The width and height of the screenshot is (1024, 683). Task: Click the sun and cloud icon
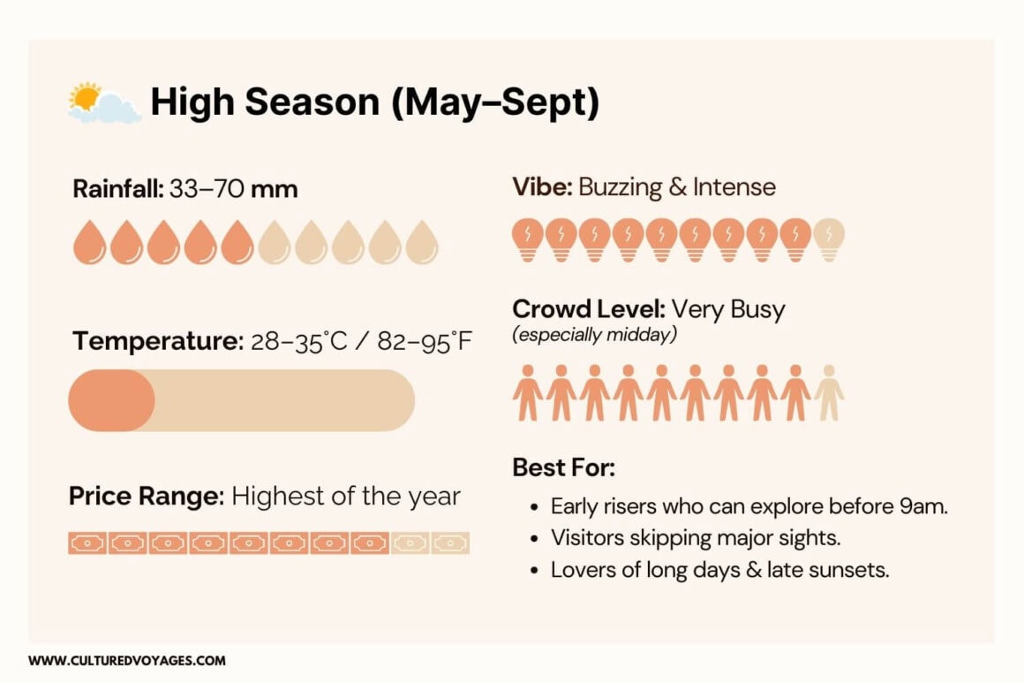(104, 103)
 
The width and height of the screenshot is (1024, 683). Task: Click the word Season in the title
(312, 102)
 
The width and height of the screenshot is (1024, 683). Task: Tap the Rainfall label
(118, 189)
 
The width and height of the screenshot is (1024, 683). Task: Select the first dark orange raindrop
(89, 242)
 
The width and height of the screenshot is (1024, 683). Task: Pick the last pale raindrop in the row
(422, 242)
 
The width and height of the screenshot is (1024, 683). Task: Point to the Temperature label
(158, 341)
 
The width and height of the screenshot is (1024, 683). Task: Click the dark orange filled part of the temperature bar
(112, 400)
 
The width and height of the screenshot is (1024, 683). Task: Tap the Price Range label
(147, 496)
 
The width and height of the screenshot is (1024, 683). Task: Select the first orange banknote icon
(87, 543)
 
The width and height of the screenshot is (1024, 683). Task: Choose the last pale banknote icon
(450, 543)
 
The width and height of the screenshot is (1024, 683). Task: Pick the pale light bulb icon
(829, 239)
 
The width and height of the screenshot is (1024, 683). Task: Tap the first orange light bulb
(528, 239)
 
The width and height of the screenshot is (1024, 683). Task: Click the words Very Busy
(728, 309)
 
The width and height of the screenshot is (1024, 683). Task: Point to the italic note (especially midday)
(595, 335)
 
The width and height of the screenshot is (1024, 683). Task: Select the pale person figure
(829, 393)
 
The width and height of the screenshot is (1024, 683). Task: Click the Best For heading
(563, 467)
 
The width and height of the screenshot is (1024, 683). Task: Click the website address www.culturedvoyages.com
(127, 661)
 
